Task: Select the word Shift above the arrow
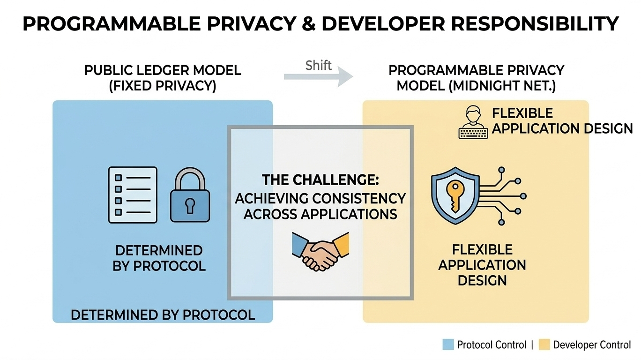319,65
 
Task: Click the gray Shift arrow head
346,76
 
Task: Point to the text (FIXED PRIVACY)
162,87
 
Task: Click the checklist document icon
133,194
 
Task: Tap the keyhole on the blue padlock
190,205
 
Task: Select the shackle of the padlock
190,181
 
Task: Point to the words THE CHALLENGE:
320,180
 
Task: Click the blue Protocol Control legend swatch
448,345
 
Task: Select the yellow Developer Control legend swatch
544,345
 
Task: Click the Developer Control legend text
592,345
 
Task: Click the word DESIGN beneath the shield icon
482,281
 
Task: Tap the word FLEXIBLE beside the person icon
522,113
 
